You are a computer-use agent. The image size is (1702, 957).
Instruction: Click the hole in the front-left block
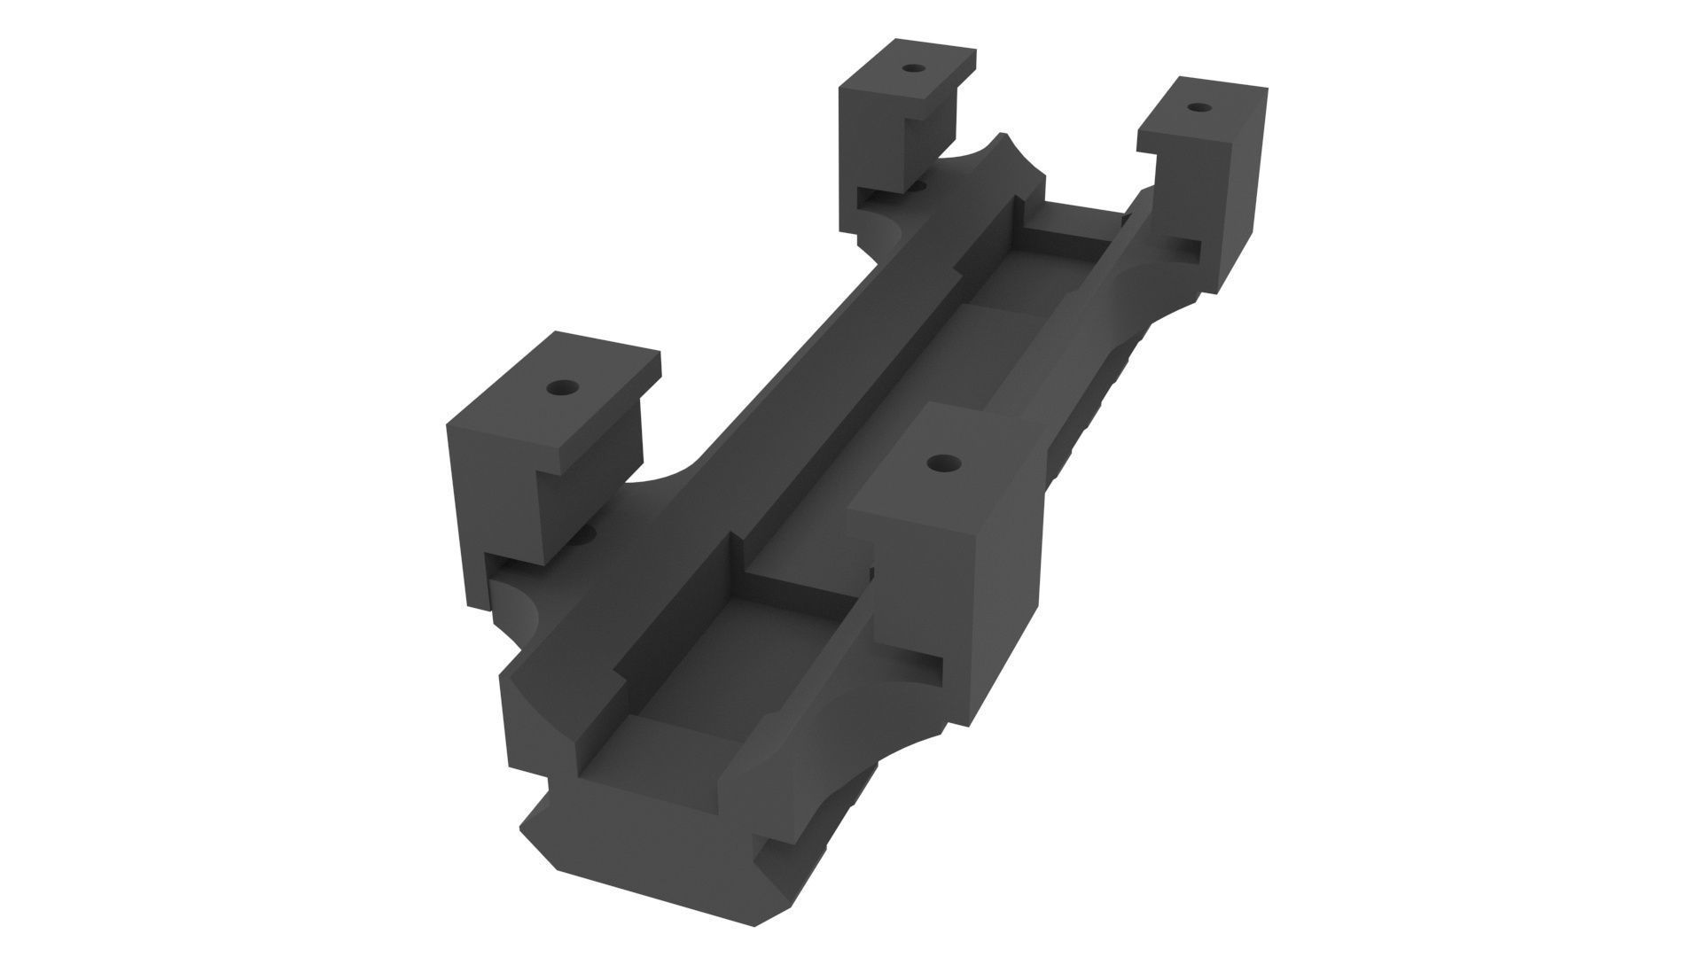(x=562, y=388)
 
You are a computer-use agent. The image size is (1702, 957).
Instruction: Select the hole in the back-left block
(x=910, y=67)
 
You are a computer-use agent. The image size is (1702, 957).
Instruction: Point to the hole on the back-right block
(x=1198, y=107)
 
